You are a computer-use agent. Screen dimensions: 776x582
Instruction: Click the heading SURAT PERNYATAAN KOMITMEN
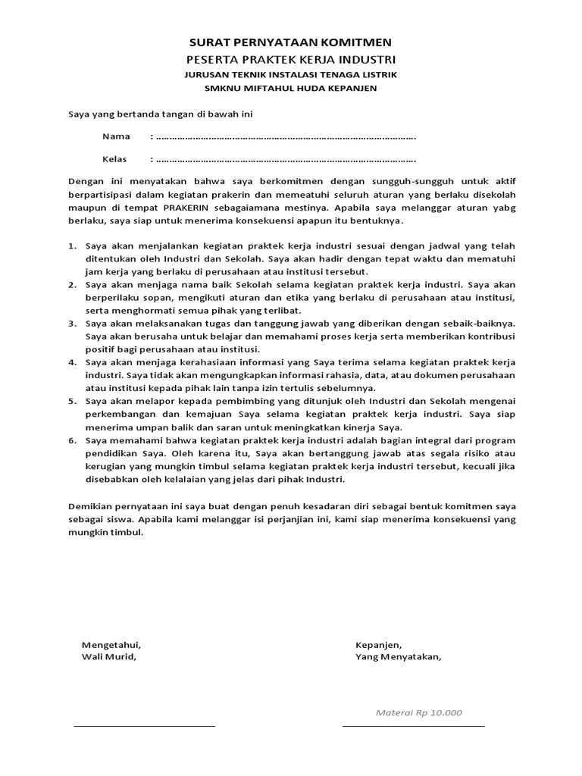291,43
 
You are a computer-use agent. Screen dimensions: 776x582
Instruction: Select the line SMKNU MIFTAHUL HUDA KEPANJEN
291,88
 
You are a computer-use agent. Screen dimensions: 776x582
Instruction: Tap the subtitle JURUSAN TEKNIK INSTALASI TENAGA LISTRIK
291,74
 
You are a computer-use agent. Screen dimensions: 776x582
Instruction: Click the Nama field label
116,137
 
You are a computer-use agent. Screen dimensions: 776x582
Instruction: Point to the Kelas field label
115,160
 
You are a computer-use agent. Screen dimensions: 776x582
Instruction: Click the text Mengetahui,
111,645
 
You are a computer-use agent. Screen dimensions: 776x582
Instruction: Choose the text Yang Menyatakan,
398,657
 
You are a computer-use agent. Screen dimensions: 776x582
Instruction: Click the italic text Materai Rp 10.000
418,713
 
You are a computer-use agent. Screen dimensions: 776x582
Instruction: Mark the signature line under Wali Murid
144,725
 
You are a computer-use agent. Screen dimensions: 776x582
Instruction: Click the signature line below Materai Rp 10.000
413,725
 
